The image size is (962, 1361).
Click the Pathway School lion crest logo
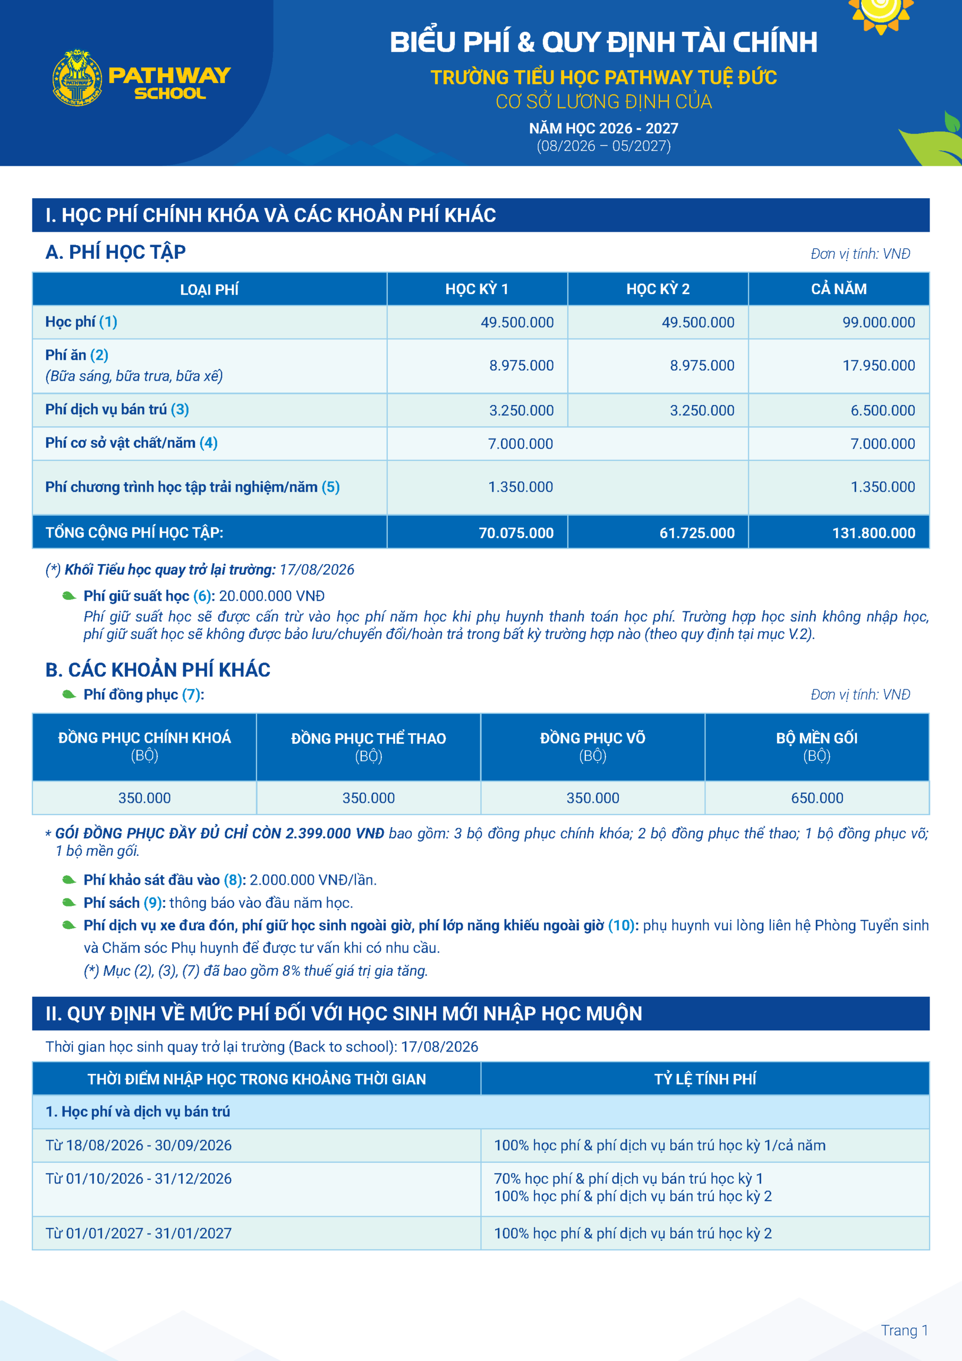(77, 78)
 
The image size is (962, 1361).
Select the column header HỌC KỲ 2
(658, 289)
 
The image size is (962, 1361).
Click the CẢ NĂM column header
(838, 289)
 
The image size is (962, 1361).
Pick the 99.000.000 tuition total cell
(879, 323)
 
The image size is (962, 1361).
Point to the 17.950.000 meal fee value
(879, 366)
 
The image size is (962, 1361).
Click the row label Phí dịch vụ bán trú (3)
(117, 409)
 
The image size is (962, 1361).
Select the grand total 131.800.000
(873, 533)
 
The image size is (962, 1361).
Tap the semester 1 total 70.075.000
(516, 533)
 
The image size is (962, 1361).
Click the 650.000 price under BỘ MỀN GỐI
(817, 798)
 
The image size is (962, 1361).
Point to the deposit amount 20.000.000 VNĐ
(272, 596)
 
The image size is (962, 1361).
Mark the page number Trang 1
(904, 1330)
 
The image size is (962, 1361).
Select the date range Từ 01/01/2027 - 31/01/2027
(139, 1233)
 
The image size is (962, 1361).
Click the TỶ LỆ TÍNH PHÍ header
(705, 1079)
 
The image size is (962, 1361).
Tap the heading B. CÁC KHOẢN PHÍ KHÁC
(158, 670)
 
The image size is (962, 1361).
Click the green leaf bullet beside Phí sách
(69, 903)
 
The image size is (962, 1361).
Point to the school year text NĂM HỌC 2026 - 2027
(603, 129)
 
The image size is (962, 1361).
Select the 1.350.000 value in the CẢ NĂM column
(883, 488)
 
